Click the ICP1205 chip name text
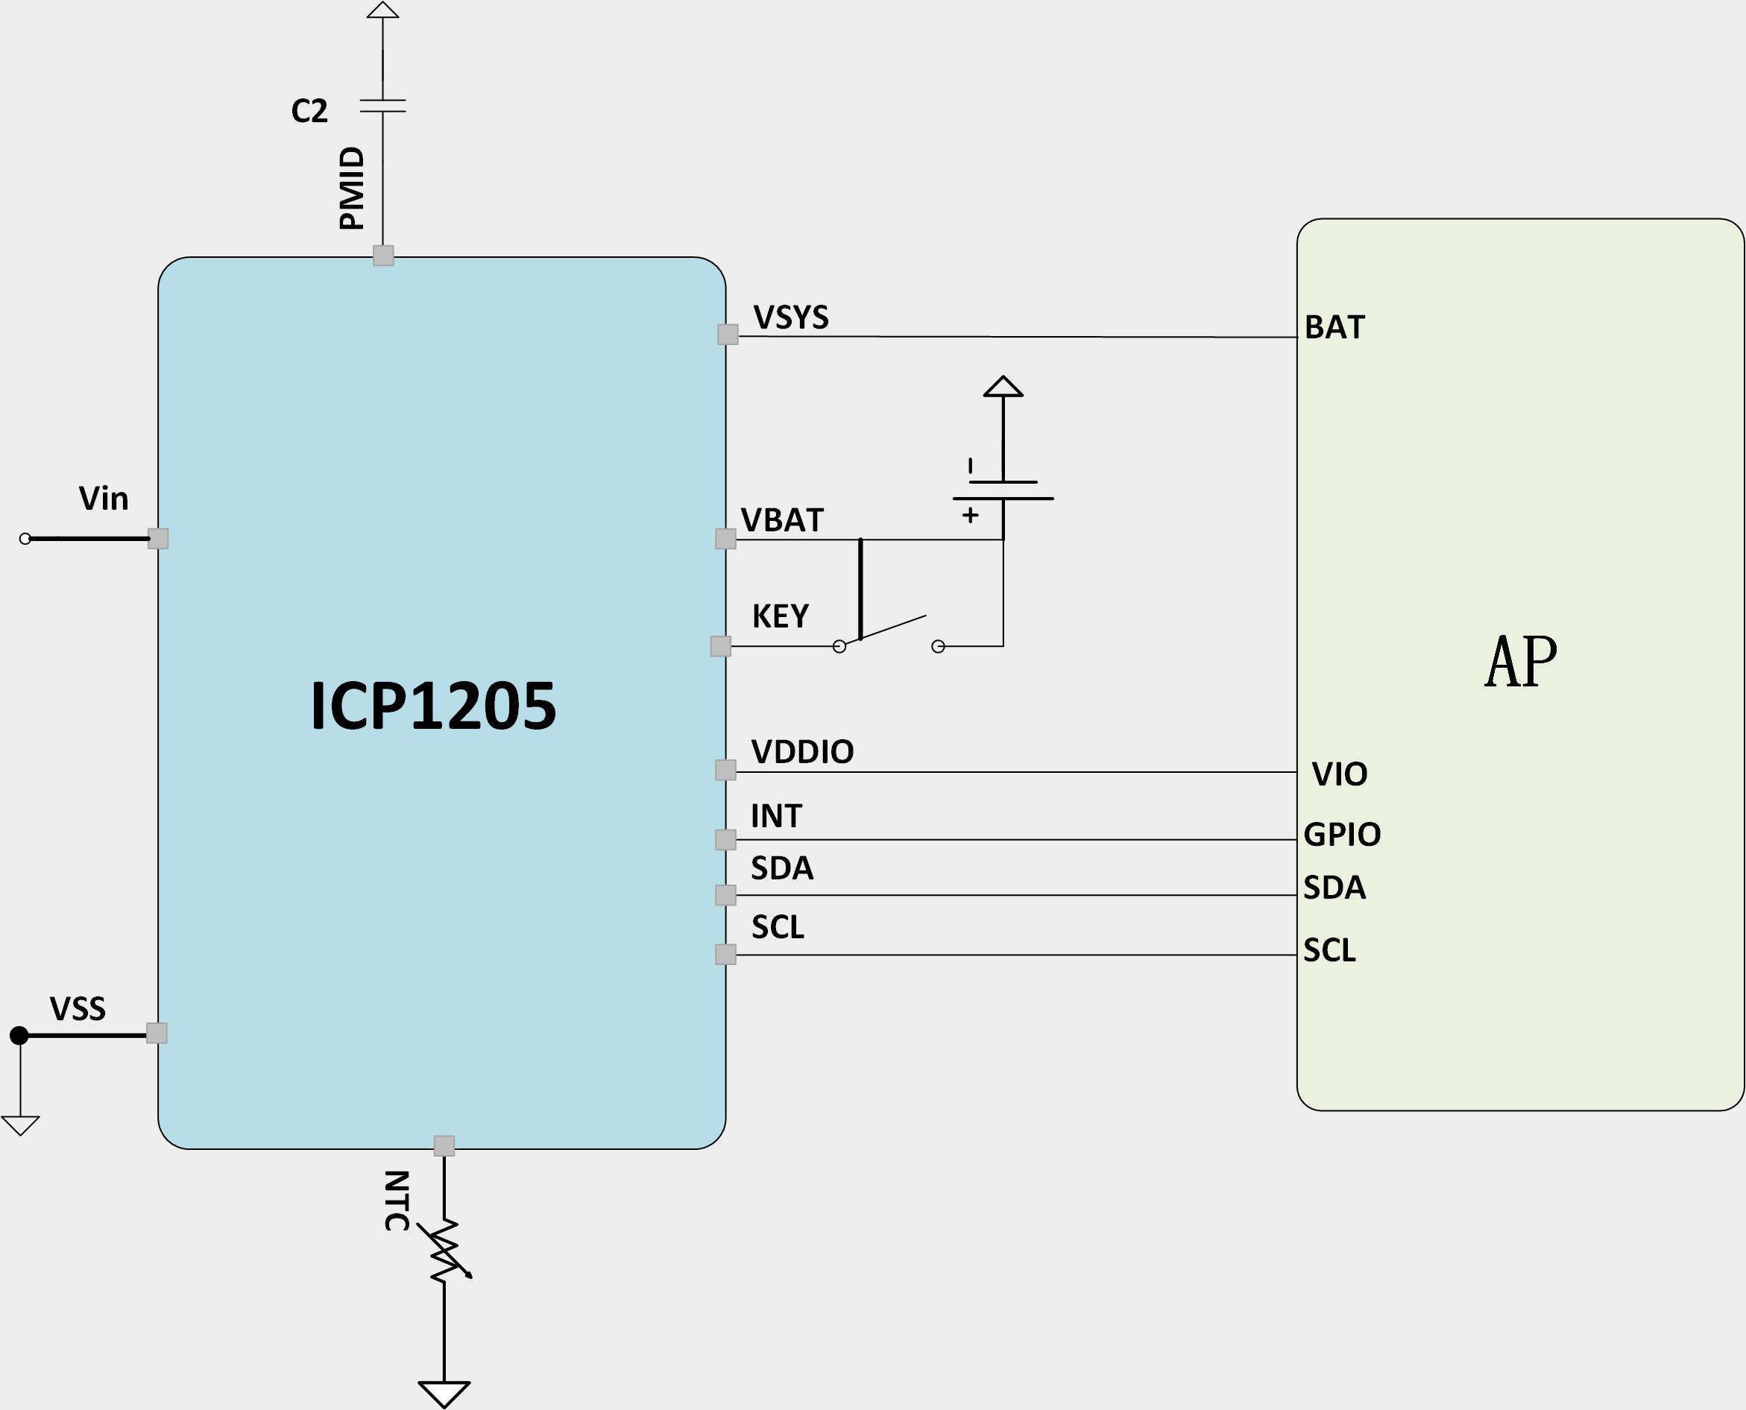click(x=433, y=705)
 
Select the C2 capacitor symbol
click(x=382, y=106)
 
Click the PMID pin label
click(x=352, y=189)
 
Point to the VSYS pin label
click(x=790, y=317)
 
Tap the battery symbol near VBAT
click(x=1003, y=490)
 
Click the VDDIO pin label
click(x=802, y=752)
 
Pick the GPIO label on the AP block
click(x=1342, y=835)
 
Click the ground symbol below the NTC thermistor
click(x=444, y=1394)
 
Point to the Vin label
click(x=103, y=499)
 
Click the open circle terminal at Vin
click(x=25, y=539)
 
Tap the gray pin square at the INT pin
click(x=725, y=840)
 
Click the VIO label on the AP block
click(x=1340, y=775)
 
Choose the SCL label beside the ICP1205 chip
click(x=778, y=928)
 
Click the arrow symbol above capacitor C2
click(x=382, y=10)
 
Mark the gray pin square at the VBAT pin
click(x=725, y=539)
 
